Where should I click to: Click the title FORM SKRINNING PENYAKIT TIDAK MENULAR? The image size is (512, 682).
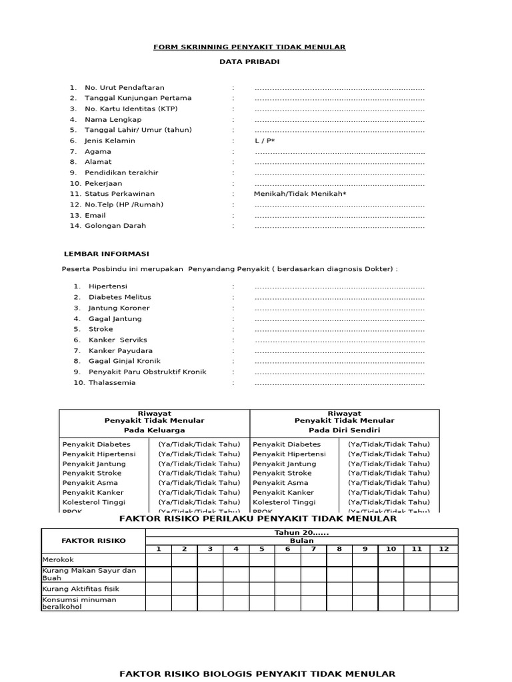[249, 47]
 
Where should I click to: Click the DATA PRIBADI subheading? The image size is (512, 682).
[249, 62]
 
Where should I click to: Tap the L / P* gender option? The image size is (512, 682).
[265, 141]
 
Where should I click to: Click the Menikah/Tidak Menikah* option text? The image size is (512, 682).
[300, 194]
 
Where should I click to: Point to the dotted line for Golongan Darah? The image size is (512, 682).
[339, 226]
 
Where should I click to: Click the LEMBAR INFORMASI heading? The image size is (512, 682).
[106, 254]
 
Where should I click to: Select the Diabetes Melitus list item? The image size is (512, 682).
[119, 297]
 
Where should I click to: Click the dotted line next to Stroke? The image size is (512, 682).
[339, 330]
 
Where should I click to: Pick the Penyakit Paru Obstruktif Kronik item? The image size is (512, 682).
[147, 372]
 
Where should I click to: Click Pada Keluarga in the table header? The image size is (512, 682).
[154, 431]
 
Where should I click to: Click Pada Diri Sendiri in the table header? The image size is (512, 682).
[344, 431]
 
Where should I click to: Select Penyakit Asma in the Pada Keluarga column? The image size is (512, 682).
[90, 483]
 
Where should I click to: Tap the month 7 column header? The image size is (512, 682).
[313, 549]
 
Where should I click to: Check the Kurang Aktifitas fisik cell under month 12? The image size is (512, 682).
[443, 589]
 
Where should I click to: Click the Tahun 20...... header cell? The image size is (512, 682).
[301, 533]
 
